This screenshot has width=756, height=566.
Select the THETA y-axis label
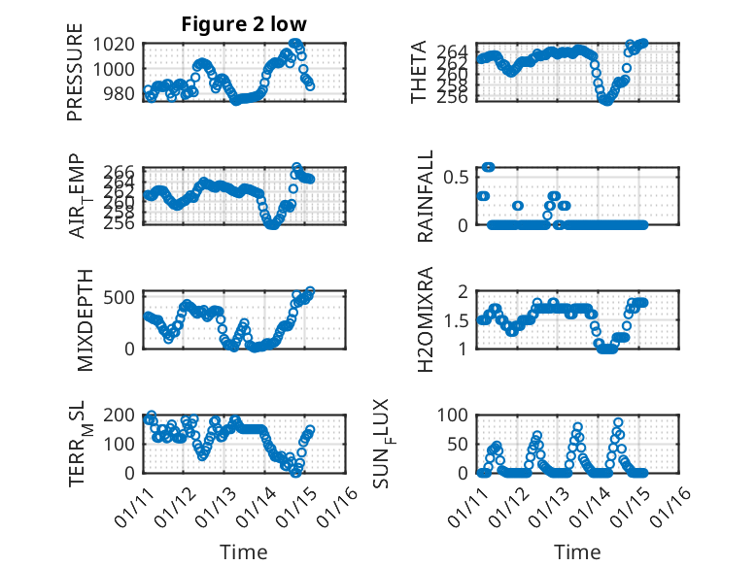pos(419,72)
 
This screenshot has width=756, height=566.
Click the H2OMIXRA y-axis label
pos(425,319)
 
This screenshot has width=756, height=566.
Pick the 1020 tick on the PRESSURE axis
pos(116,44)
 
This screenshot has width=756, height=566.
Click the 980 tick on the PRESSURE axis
pos(120,93)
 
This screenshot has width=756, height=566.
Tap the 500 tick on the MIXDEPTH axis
pos(120,297)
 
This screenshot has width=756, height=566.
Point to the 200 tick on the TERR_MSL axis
pos(120,415)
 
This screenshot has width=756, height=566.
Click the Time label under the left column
pos(243,551)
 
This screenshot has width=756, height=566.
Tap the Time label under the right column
pos(577,551)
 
